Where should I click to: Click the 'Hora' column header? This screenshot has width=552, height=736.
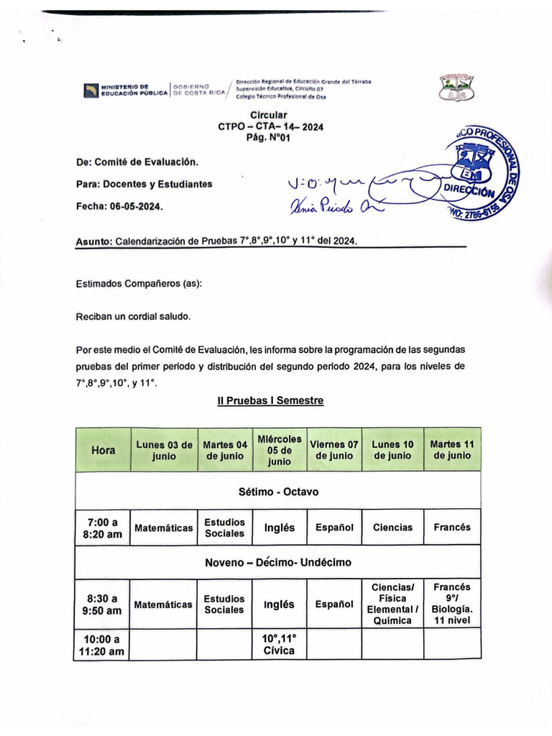(103, 450)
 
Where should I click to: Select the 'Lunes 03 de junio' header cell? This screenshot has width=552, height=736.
(164, 450)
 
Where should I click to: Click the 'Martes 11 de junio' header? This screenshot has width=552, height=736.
(452, 450)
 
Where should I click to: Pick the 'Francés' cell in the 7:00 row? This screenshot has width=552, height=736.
(452, 528)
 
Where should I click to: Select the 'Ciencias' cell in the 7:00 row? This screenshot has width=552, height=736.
(392, 528)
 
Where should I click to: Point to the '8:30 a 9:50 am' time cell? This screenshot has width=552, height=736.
(103, 604)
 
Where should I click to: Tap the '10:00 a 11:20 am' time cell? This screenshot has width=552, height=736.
(103, 644)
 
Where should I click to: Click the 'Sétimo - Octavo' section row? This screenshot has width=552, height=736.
(278, 492)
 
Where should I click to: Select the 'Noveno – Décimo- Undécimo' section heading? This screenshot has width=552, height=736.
(278, 561)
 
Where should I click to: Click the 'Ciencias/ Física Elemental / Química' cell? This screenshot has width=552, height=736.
(392, 604)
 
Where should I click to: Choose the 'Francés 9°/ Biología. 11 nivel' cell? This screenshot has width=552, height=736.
(452, 604)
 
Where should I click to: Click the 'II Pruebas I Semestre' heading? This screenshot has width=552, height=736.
(270, 400)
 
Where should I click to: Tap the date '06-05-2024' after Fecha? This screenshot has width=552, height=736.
(137, 206)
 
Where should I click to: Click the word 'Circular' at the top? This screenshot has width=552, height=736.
(269, 115)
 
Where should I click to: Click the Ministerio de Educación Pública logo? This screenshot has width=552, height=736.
(91, 91)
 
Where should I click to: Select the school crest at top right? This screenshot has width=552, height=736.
(456, 88)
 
